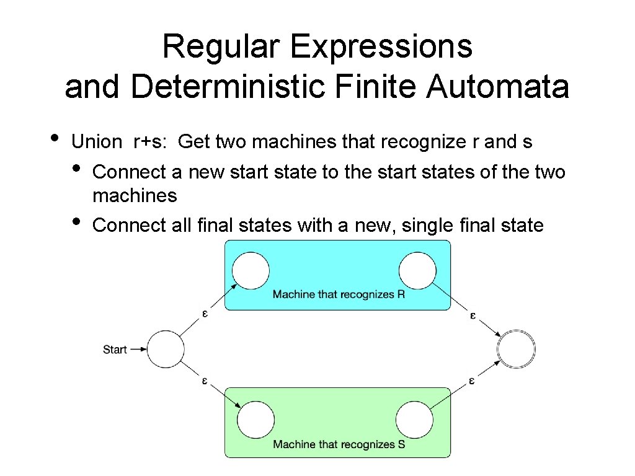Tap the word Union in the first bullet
(x=97, y=142)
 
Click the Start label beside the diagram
(x=115, y=350)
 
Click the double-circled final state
(x=516, y=350)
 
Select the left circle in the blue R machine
(x=251, y=271)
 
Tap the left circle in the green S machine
(x=255, y=420)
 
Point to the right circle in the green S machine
(x=414, y=420)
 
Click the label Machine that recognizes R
(x=339, y=294)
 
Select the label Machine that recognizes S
(x=339, y=444)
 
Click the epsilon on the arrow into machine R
(x=205, y=314)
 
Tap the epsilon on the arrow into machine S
(x=205, y=381)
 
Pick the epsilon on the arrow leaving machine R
(x=473, y=315)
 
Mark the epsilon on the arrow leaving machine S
(x=472, y=381)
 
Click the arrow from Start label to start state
(x=138, y=350)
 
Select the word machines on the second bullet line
(x=135, y=196)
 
